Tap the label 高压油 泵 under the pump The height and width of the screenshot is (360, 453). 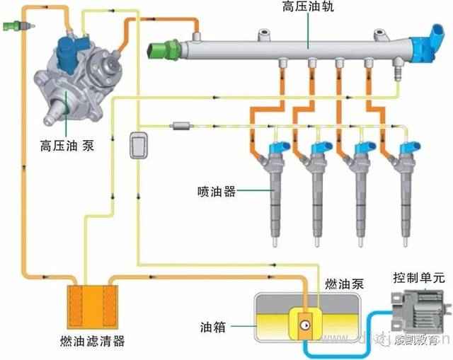point(67,146)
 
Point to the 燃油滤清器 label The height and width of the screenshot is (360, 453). point(92,342)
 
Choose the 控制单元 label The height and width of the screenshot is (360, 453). point(419,278)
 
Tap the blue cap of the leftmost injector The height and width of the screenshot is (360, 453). point(277,149)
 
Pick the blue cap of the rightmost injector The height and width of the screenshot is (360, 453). point(408,149)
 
